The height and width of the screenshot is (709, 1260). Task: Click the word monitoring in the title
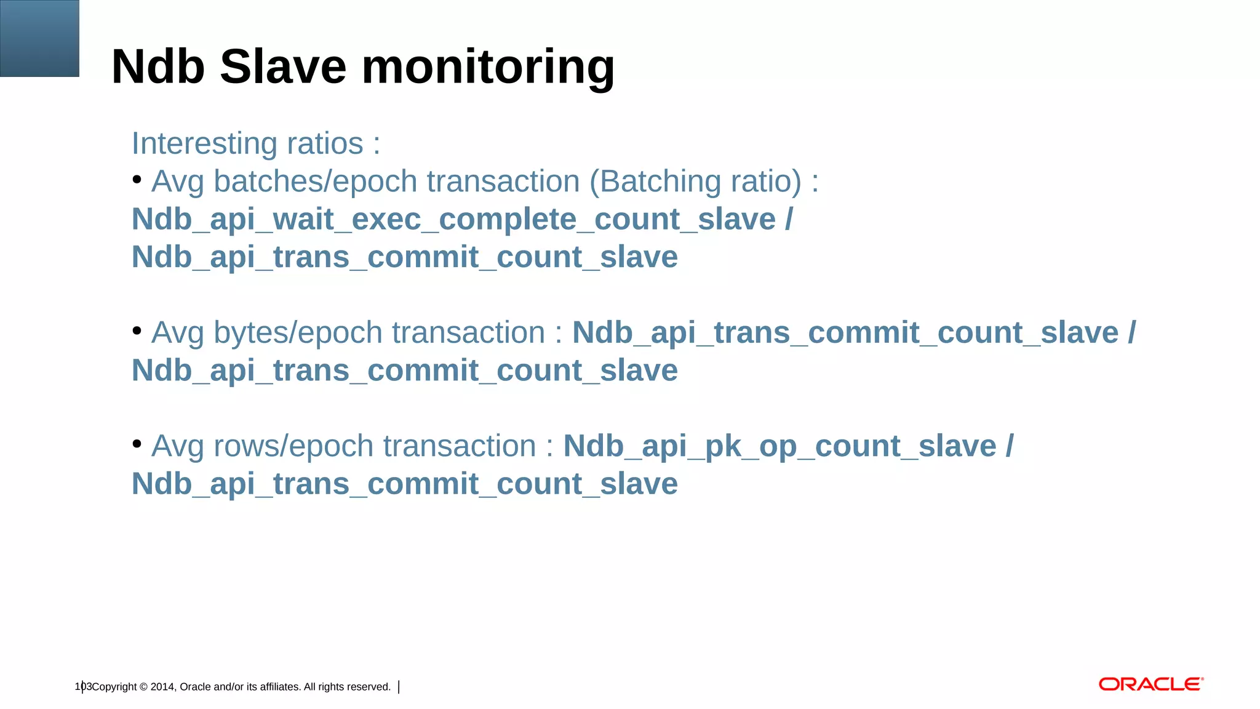pos(488,68)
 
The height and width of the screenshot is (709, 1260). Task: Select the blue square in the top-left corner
pos(39,38)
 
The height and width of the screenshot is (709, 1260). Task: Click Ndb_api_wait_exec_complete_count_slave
pos(453,220)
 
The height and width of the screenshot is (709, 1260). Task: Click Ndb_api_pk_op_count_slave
pos(780,446)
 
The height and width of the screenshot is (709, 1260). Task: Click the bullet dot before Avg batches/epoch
pos(137,180)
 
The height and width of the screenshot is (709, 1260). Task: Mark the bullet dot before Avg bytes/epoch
pos(137,331)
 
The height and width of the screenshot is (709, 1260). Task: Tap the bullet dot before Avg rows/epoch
pos(137,444)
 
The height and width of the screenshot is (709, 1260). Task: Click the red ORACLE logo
pos(1150,684)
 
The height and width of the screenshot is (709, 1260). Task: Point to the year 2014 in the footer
pos(162,687)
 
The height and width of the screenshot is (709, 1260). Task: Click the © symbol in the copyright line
pos(143,687)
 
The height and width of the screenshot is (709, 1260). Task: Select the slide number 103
pos(83,686)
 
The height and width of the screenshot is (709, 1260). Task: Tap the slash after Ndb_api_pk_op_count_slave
pos(1010,446)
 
